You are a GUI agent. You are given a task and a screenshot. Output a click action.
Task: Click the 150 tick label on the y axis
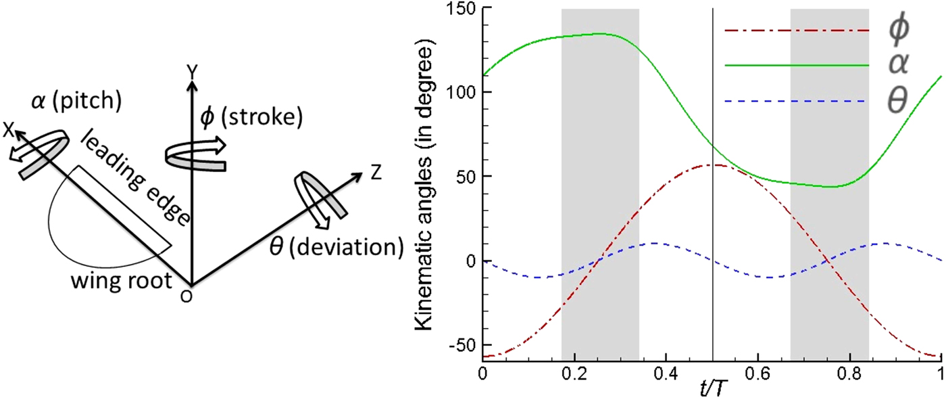pos(459,9)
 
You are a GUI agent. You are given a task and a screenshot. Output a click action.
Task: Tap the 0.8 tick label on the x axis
pos(849,375)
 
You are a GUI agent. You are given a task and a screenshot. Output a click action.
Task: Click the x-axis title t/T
pos(711,389)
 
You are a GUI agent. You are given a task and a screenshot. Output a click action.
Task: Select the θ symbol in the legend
pos(899,102)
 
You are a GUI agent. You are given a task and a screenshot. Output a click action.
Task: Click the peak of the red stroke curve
pos(715,164)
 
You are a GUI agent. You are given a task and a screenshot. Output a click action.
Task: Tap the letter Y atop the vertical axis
pos(193,70)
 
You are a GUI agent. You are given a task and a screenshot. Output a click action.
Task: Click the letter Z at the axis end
pos(376,172)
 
